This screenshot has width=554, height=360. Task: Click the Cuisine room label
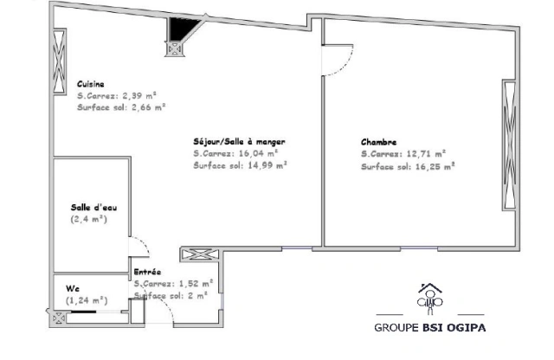[90, 84]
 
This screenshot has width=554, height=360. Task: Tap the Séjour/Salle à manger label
[239, 142]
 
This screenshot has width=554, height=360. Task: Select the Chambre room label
[378, 142]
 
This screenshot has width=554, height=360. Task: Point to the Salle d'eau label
[93, 208]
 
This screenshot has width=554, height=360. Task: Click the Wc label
[73, 288]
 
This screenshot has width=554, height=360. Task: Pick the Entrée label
[147, 272]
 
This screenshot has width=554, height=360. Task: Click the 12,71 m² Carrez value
[426, 154]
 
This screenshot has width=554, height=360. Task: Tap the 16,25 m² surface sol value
[435, 166]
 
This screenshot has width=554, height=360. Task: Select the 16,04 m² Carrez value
[258, 153]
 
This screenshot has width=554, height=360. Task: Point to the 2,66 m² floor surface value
[149, 107]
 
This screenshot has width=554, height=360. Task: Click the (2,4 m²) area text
[88, 219]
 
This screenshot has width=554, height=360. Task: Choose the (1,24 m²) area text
[87, 300]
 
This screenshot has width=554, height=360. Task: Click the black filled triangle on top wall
[181, 28]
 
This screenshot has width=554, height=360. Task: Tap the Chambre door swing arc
[346, 66]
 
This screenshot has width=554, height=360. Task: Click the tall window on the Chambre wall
[510, 145]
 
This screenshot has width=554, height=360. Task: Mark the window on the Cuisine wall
[59, 61]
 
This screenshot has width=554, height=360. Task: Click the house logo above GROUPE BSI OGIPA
[429, 299]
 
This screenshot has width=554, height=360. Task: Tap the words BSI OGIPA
[454, 327]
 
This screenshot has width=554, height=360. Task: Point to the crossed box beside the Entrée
[200, 254]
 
